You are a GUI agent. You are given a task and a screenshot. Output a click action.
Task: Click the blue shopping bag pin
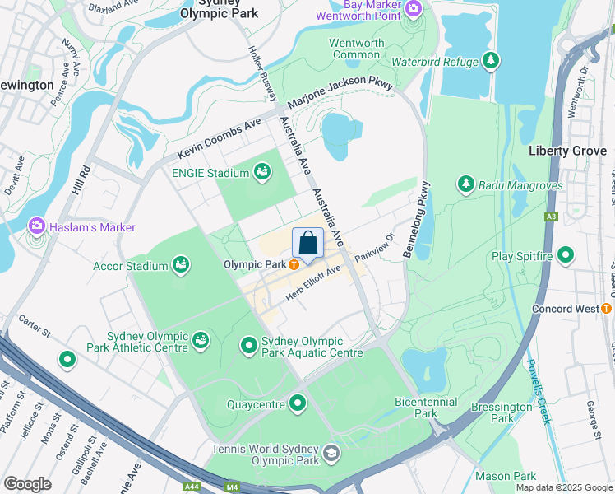point(307,244)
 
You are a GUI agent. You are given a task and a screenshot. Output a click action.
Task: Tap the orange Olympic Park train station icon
point(294,264)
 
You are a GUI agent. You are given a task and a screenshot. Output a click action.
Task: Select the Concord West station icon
point(607,309)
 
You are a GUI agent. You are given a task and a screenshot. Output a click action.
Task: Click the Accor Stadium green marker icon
point(180,265)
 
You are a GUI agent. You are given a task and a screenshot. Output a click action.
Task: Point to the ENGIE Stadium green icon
point(262,173)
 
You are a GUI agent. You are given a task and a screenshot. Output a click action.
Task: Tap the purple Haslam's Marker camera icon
point(36,226)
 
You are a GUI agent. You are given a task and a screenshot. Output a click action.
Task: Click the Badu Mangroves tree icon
point(466,184)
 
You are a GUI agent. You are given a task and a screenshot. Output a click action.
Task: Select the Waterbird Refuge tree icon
point(491,59)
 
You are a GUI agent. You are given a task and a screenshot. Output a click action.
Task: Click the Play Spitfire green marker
point(565,256)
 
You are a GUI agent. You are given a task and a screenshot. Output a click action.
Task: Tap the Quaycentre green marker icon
point(298,403)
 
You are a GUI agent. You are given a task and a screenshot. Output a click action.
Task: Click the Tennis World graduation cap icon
point(331,452)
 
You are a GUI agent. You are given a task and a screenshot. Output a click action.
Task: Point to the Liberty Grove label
point(567,151)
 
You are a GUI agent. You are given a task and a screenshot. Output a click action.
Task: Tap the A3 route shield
point(550,217)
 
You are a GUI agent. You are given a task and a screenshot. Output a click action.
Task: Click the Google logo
point(28,483)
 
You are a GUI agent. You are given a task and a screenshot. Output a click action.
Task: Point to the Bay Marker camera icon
point(414,9)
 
